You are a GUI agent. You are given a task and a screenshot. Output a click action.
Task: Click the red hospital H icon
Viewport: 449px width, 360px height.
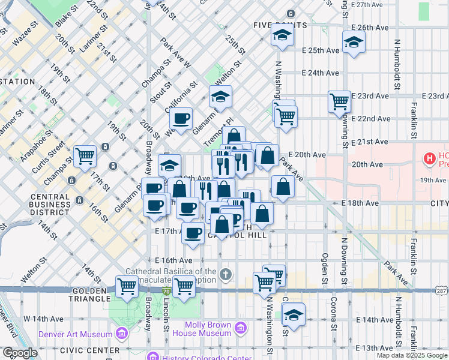[430, 159]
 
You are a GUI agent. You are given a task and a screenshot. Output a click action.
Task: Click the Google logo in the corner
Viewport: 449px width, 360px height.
[20, 353]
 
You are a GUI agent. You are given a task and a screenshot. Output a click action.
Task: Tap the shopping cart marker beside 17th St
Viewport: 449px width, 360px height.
[85, 156]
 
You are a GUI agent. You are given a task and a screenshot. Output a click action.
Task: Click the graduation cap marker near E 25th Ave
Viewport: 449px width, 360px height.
[354, 42]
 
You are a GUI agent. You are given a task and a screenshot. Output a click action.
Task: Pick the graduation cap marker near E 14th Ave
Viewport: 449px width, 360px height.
[293, 314]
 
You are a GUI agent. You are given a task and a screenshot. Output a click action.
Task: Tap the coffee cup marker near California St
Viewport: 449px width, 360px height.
[181, 118]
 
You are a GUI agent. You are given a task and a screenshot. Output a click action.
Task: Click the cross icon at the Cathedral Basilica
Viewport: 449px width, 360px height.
[226, 275]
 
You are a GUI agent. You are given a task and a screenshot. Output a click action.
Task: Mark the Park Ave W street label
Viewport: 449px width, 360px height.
[175, 53]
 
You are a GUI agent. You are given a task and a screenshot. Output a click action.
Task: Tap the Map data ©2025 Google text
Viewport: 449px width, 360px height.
[412, 355]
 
